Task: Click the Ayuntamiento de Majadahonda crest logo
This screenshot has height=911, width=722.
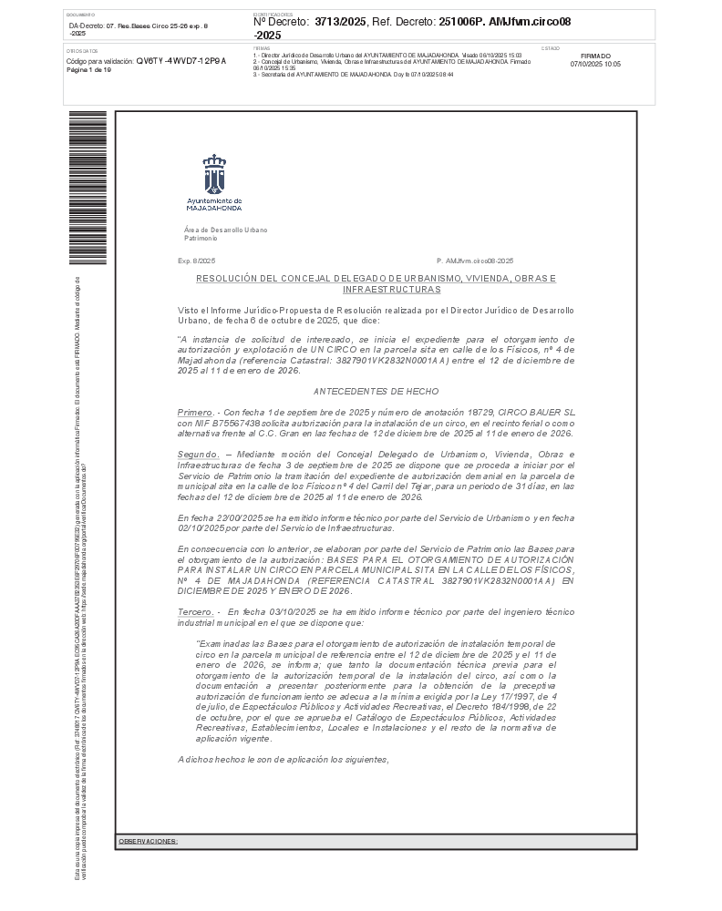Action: (214, 174)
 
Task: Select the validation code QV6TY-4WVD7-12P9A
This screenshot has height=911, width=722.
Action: (180, 60)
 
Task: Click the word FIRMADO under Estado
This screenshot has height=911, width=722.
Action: (595, 56)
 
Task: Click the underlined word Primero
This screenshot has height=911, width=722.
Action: (196, 413)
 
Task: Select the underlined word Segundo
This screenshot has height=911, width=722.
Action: (198, 454)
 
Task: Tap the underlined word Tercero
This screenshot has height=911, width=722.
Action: (196, 612)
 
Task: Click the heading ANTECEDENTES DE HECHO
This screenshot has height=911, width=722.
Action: (376, 391)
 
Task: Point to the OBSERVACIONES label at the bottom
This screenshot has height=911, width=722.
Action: (148, 841)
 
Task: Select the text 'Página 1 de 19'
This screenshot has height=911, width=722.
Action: (88, 69)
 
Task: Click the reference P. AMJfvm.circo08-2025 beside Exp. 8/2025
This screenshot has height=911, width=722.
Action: (475, 261)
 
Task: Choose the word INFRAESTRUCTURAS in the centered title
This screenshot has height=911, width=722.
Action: (391, 289)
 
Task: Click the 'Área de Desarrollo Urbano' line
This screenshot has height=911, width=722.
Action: (225, 230)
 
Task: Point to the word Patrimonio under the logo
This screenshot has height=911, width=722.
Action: (201, 238)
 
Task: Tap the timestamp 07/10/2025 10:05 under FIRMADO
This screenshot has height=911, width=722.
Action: (595, 65)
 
